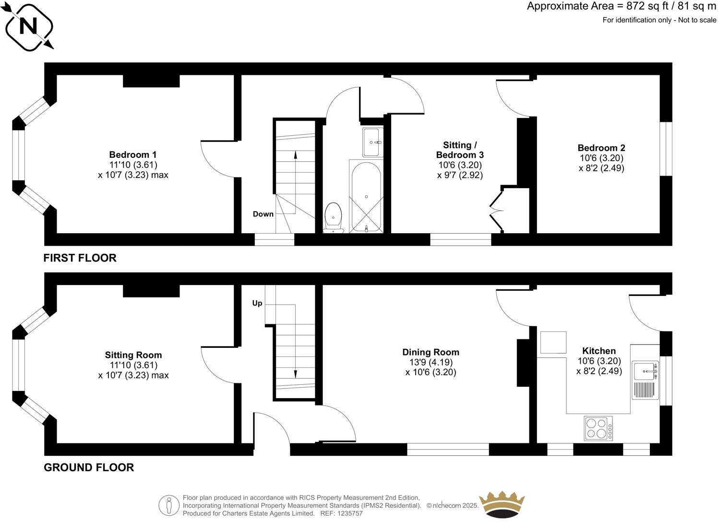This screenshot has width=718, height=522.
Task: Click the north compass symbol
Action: click(x=28, y=26)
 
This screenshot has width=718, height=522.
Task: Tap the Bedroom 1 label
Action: click(x=133, y=155)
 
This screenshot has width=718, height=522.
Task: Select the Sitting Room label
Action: click(x=133, y=355)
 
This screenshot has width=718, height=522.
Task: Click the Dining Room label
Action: click(x=431, y=352)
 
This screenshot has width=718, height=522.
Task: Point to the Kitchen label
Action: click(x=598, y=351)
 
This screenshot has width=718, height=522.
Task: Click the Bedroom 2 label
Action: click(x=601, y=148)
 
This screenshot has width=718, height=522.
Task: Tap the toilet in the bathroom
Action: click(x=333, y=217)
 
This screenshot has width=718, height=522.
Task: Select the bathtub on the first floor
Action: click(x=366, y=197)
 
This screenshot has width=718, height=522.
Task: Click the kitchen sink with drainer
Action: click(x=646, y=380)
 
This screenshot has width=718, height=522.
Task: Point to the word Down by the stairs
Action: click(x=263, y=214)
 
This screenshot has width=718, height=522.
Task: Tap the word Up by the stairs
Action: click(x=257, y=303)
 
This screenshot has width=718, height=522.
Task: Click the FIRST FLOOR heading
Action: click(x=80, y=258)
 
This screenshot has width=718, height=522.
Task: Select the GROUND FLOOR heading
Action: click(x=89, y=467)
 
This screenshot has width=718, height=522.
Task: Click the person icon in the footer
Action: click(x=168, y=505)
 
